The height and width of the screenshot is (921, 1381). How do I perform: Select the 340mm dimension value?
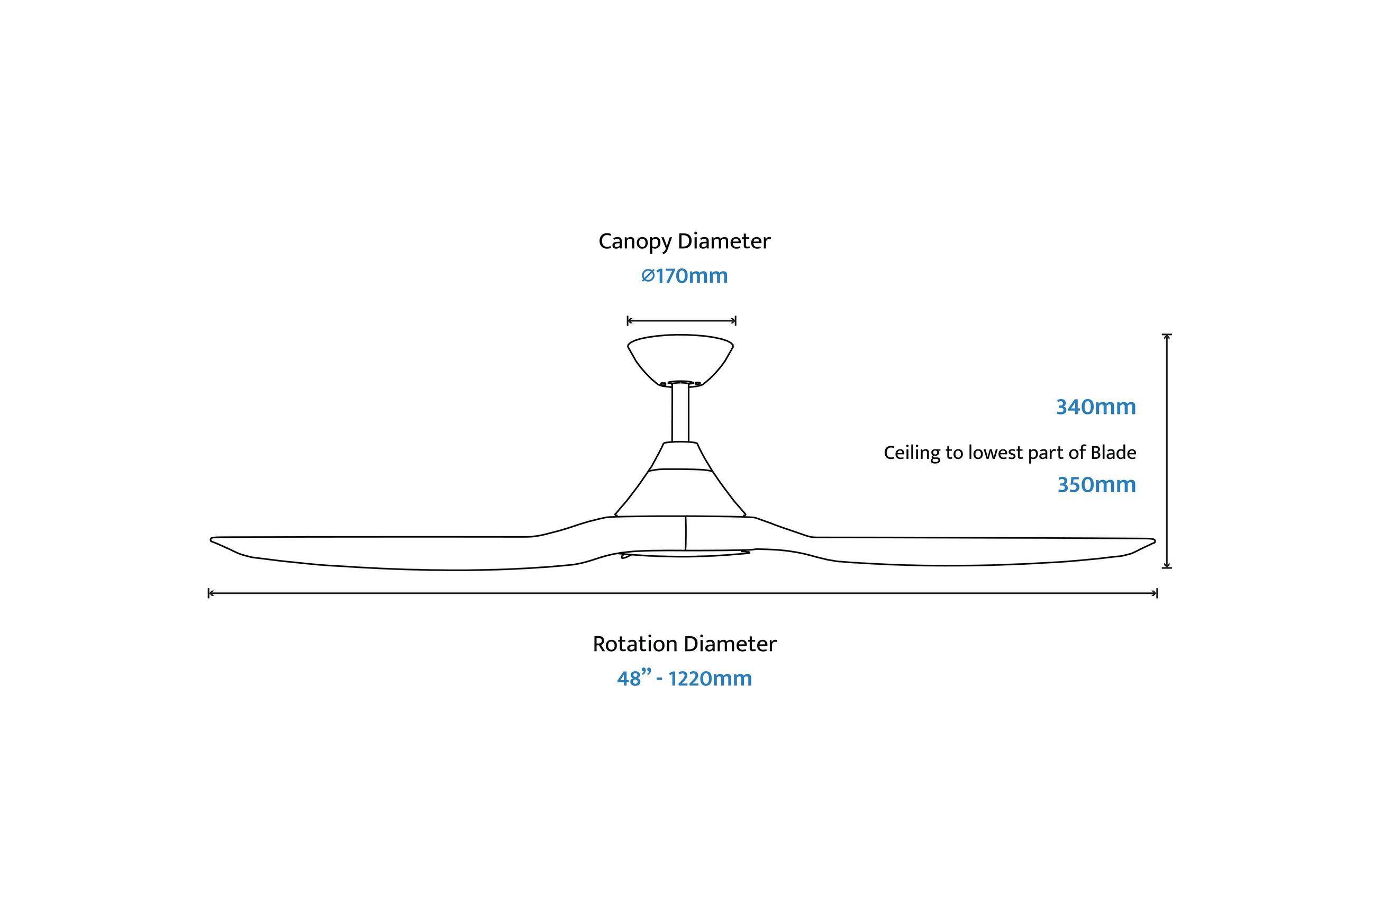pos(1096,407)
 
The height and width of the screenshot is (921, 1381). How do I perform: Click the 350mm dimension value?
pos(1096,484)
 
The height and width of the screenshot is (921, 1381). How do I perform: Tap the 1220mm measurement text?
pos(710,679)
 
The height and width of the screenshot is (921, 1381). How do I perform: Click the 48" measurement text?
pos(634,679)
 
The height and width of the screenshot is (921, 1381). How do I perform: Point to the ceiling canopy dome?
pos(680,358)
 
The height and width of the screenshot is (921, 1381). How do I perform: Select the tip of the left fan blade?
pos(211,539)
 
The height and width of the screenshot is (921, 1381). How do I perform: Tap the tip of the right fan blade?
pos(1155,541)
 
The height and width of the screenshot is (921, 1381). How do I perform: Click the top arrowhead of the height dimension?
pos(1167,336)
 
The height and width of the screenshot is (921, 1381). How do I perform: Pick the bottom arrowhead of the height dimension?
pos(1167,566)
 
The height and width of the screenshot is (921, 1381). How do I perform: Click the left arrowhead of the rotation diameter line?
pos(210,593)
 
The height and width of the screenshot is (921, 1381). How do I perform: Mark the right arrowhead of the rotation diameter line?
pos(1155,593)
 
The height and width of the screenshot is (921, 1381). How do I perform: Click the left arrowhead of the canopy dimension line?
pos(629,321)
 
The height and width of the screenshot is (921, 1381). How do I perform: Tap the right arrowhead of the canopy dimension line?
pos(734,321)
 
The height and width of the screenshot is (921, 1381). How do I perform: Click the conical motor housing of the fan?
pos(680,482)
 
